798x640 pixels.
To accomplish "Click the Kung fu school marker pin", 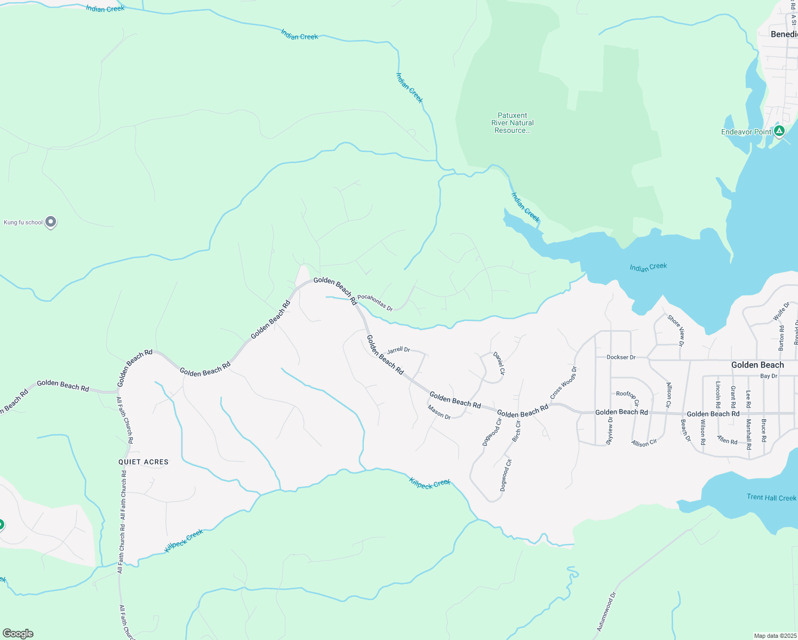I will point(51,222).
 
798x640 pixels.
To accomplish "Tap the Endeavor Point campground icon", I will point(779,131).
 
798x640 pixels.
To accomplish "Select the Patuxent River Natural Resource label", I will point(512,123).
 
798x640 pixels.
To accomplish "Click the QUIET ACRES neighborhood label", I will point(143,462).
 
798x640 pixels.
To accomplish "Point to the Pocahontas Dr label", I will point(375,302).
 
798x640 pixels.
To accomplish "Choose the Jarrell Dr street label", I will point(398,350).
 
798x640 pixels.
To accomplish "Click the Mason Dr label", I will point(439,412).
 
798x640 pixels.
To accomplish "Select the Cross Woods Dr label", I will point(563,383).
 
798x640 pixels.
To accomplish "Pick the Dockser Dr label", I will point(621,357).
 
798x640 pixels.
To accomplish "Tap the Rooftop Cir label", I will point(627,397).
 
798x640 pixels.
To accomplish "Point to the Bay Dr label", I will point(769,376).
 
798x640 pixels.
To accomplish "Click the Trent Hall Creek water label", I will point(771,498).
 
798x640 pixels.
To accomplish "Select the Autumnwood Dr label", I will point(606,611).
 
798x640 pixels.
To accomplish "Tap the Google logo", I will point(18,634).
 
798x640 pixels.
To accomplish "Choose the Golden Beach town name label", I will point(757,365).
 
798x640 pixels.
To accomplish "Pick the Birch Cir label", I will point(516,431).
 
